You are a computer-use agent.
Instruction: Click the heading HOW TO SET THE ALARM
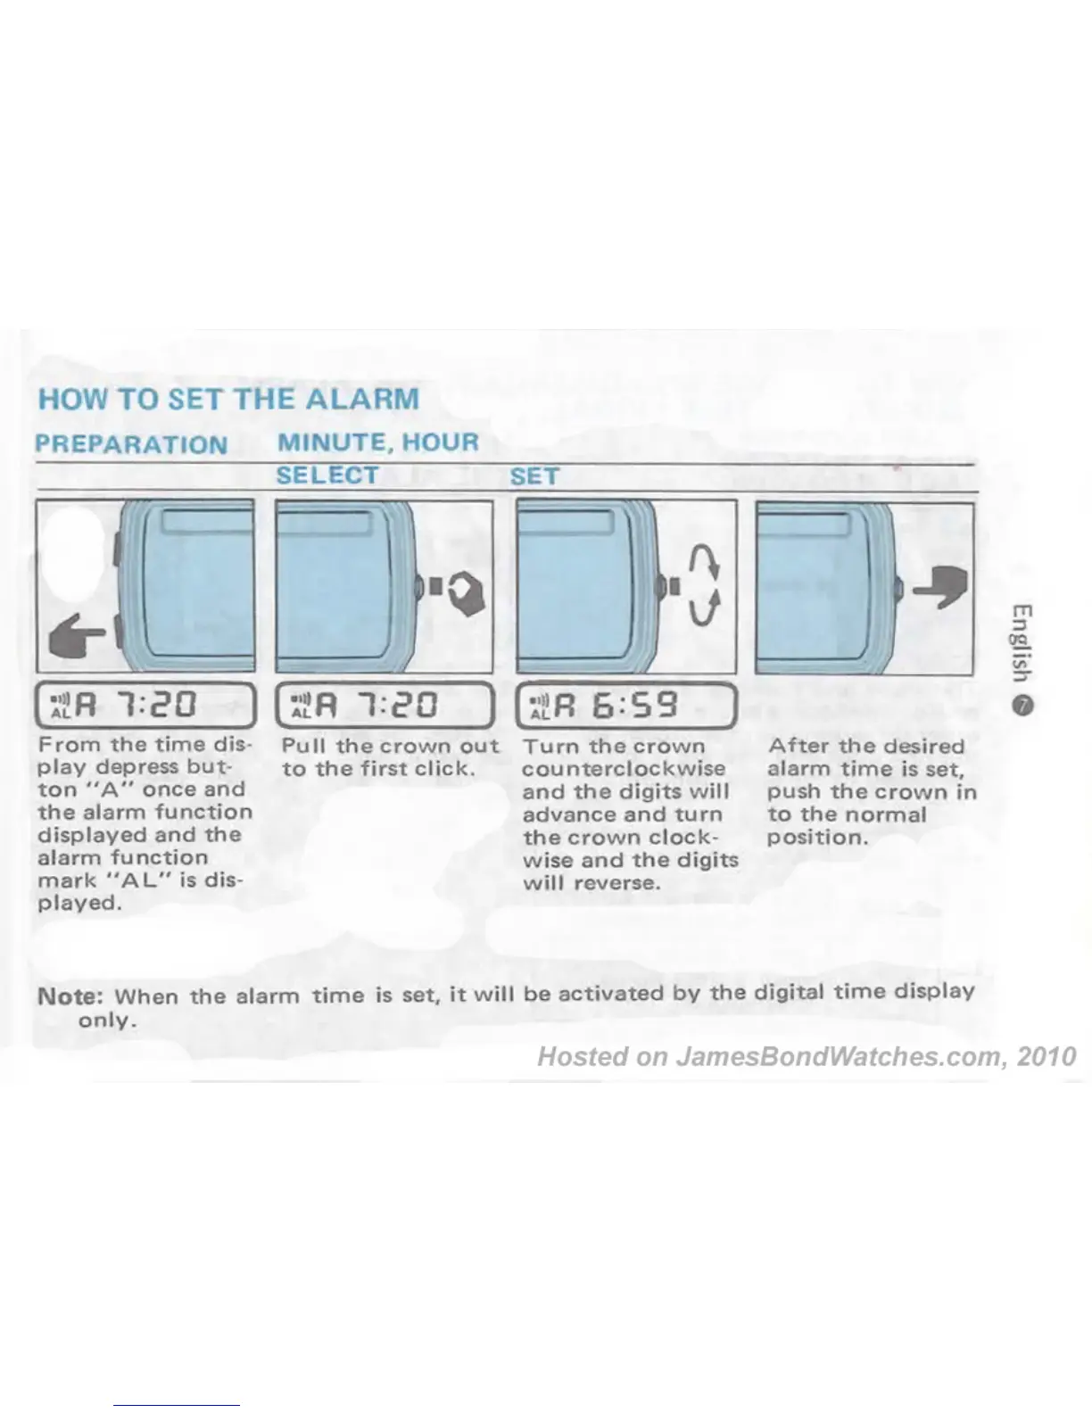228,398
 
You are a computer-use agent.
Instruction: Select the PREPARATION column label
131,443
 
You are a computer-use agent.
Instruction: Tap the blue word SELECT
327,475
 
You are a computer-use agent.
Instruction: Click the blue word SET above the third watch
534,476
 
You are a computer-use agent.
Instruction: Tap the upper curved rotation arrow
704,562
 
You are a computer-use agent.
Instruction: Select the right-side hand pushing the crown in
944,586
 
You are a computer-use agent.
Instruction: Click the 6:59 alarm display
625,705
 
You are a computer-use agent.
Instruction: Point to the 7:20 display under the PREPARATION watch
145,705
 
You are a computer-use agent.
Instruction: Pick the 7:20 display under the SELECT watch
385,705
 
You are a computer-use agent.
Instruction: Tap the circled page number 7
1022,705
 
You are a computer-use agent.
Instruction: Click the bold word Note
70,996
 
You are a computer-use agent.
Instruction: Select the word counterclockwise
624,769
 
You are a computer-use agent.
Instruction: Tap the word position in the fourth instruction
816,838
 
